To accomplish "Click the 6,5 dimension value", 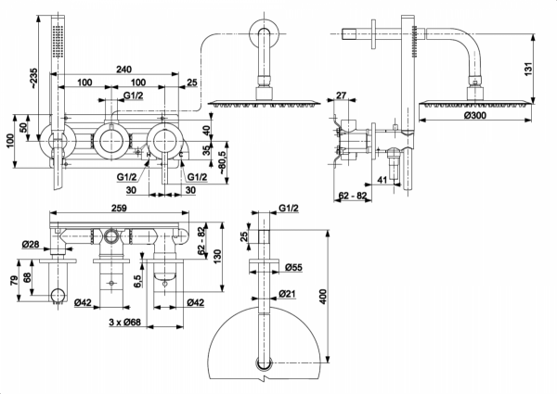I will coord(136,280).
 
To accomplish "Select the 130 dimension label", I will coord(216,256).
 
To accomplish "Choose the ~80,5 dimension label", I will coord(223,154).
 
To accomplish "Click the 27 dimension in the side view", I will coord(342,95).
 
